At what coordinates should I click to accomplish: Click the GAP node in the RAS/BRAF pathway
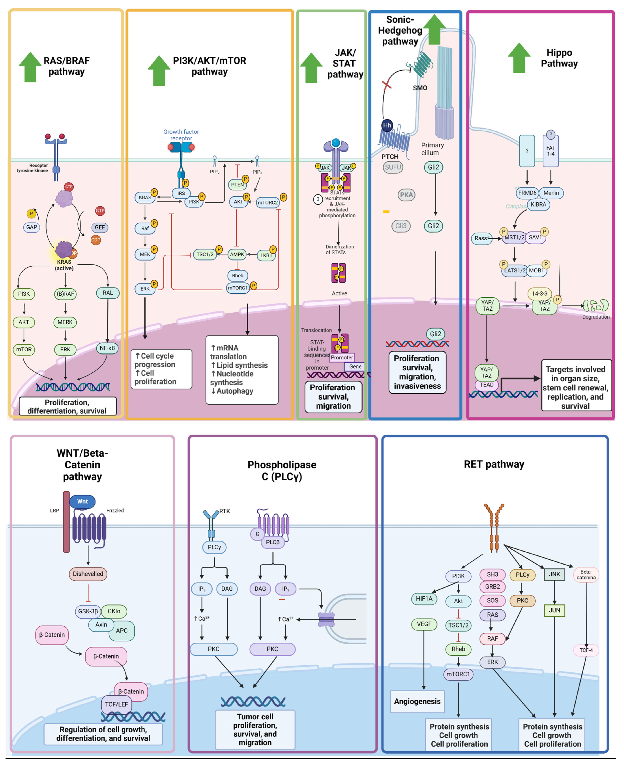click(32, 227)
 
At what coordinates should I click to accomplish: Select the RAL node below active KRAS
click(108, 293)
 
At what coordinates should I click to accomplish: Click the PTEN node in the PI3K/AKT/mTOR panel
click(237, 185)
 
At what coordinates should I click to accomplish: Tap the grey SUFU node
click(393, 167)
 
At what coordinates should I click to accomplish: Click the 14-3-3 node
click(539, 293)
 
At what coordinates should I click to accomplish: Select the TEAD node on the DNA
click(487, 385)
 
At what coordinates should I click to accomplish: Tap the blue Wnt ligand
click(82, 501)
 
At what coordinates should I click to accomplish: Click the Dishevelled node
click(88, 574)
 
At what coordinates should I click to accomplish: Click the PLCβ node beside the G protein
click(273, 542)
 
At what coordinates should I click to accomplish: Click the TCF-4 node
click(586, 650)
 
